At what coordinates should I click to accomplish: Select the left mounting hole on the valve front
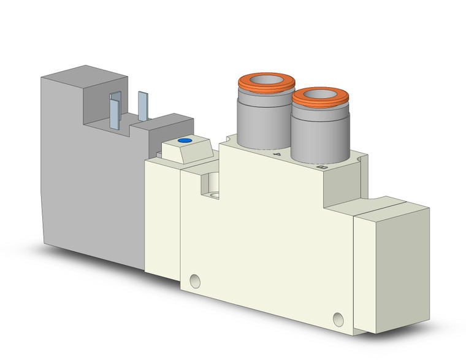click(x=195, y=281)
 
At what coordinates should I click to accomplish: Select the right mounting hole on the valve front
click(x=337, y=318)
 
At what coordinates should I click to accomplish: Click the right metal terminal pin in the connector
click(x=143, y=106)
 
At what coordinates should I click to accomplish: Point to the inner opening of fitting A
click(x=267, y=79)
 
